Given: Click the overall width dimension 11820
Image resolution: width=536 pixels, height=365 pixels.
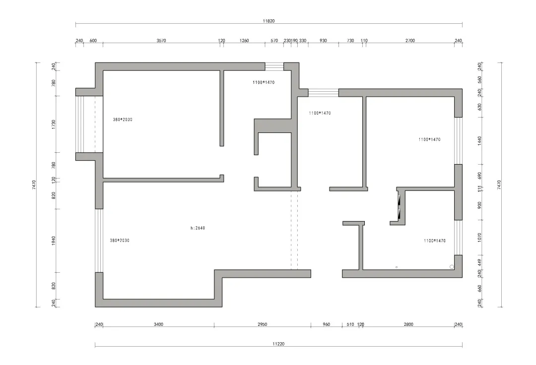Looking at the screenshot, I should pos(268,21).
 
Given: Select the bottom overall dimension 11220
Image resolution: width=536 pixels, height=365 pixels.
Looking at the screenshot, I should pos(278,344).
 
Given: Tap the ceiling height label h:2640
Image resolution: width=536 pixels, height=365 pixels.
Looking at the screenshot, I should pos(198,228).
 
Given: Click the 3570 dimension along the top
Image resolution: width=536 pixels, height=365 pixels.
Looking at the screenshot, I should pos(161,41).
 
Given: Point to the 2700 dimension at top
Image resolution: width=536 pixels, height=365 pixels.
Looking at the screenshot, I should pos(410,41).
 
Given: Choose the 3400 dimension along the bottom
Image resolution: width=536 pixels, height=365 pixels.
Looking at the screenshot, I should pos(158,324).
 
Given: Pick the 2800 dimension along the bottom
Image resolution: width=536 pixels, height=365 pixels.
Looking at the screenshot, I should pos(408,324).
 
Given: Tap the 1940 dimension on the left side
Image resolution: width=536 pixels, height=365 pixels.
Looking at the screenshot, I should pos(54,241).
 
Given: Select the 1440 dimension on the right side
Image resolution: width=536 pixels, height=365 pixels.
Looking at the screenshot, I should pos(479,141).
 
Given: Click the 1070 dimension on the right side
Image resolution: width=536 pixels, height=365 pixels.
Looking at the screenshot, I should pos(479,238).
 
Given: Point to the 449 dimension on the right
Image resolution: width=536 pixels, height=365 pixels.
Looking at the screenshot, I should pos(479,262).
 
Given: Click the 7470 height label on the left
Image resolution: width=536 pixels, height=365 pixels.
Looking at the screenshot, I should pos(34,185).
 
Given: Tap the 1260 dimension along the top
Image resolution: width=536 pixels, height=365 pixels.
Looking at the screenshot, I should pos(244,41).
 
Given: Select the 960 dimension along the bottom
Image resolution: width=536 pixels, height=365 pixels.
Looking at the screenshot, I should pos(326,324).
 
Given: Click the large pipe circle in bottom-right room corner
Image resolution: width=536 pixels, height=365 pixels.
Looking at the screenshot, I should pos(452,267).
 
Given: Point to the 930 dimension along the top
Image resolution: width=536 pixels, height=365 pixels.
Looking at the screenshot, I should pos(323,41).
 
